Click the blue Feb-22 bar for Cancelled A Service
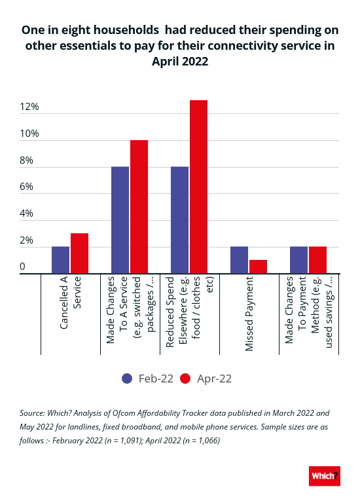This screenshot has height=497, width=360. tap(60, 260)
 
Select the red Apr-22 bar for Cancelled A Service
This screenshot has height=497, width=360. tap(80, 253)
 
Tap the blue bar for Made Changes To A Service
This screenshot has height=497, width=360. tap(120, 220)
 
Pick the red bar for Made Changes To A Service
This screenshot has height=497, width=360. tap(139, 207)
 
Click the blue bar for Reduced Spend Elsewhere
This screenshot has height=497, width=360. tap(180, 220)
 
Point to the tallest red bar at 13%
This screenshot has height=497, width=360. tap(199, 187)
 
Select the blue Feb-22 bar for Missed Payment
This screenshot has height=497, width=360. tap(240, 260)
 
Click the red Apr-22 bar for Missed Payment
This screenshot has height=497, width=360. tap(259, 267)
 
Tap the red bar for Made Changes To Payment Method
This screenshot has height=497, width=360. tap(318, 260)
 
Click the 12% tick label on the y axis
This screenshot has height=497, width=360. tap(29, 107)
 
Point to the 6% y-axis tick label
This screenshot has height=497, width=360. tap(26, 187)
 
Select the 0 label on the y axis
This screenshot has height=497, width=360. tap(22, 267)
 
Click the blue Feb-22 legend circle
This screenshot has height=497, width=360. tap(127, 378)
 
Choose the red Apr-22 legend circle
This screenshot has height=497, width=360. tap(185, 378)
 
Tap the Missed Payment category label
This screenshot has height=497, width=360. tap(249, 314)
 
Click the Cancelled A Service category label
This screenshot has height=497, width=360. tap(70, 303)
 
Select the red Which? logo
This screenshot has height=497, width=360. tap(325, 476)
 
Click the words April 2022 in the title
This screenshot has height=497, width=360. tap(180, 61)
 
